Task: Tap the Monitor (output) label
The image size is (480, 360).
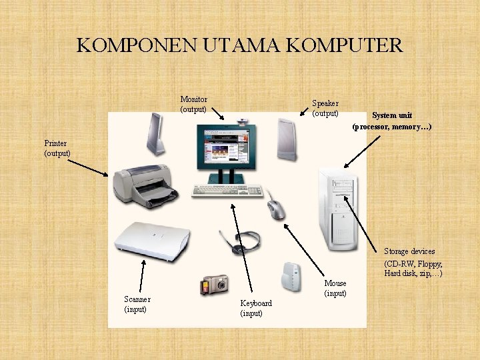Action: point(193,104)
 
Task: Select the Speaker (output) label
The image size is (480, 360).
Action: point(325,108)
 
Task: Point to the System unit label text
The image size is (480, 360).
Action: point(392,121)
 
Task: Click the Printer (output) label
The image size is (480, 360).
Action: point(57,148)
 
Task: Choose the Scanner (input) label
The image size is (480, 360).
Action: point(137,304)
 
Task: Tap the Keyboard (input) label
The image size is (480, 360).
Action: point(256,308)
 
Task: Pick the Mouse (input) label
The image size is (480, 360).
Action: point(335,288)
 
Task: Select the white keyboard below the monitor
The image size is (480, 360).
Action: point(227,190)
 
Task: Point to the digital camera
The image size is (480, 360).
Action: point(214,285)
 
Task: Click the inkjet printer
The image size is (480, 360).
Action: point(144,185)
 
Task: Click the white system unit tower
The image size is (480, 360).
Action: point(339,207)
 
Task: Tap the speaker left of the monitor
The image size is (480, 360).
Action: point(155,134)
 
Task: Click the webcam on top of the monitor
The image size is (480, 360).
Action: point(241,121)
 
